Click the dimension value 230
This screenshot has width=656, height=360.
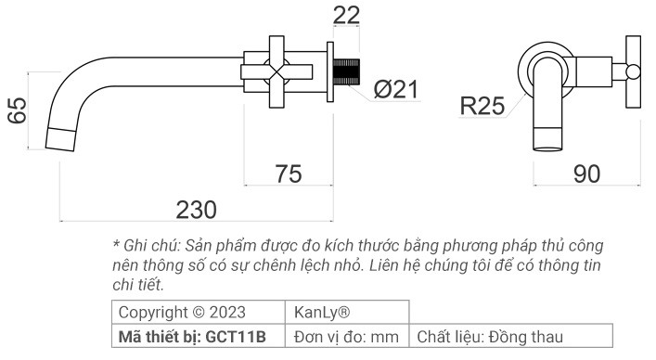click(x=196, y=209)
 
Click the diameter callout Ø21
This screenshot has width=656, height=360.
click(x=396, y=90)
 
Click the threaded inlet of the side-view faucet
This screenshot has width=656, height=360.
click(x=351, y=71)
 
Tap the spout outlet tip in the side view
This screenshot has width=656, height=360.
click(x=60, y=139)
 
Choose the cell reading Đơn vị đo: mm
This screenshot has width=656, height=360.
click(x=346, y=335)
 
